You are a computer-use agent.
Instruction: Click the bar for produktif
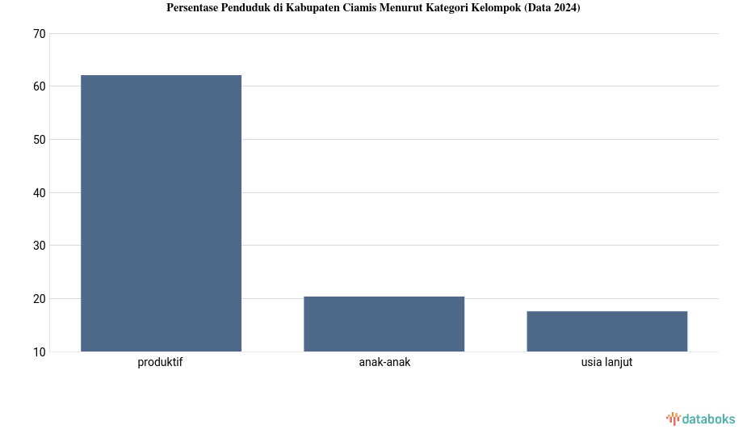161,213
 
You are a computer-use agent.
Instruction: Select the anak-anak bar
384,324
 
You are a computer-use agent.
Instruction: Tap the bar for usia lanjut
606,331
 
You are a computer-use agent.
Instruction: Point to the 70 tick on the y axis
40,34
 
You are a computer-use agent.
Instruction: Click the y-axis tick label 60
40,86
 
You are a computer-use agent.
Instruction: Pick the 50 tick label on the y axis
40,140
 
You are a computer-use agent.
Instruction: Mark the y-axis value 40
40,193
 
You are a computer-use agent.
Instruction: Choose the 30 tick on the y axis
40,246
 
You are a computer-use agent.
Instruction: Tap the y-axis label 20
40,299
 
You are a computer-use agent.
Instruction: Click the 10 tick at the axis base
40,352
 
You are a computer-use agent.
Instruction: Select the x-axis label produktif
160,363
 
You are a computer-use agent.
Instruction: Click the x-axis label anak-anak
384,363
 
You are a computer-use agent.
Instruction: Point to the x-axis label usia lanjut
606,363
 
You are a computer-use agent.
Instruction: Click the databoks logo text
708,419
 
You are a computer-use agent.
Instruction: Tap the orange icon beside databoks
673,419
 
